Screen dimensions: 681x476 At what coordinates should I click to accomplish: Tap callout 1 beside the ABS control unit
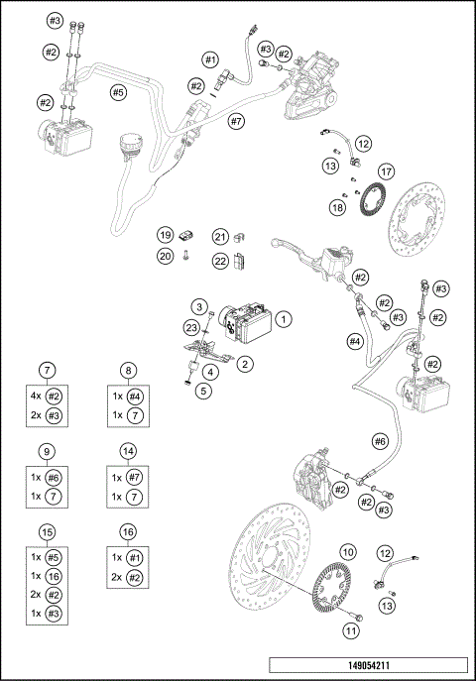click(x=283, y=319)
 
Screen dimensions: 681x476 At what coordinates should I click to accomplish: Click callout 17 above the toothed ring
click(x=385, y=170)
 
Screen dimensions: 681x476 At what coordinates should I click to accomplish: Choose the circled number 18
click(x=339, y=207)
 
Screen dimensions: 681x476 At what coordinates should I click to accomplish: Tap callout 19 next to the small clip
click(x=166, y=236)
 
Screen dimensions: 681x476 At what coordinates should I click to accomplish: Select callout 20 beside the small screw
click(x=166, y=256)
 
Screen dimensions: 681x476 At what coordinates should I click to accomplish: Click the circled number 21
click(x=220, y=236)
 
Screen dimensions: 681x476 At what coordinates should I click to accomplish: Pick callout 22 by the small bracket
click(x=220, y=261)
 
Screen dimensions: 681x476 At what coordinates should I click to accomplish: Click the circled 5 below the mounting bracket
click(x=204, y=391)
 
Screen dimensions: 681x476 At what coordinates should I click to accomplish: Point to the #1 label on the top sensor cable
click(x=210, y=60)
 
